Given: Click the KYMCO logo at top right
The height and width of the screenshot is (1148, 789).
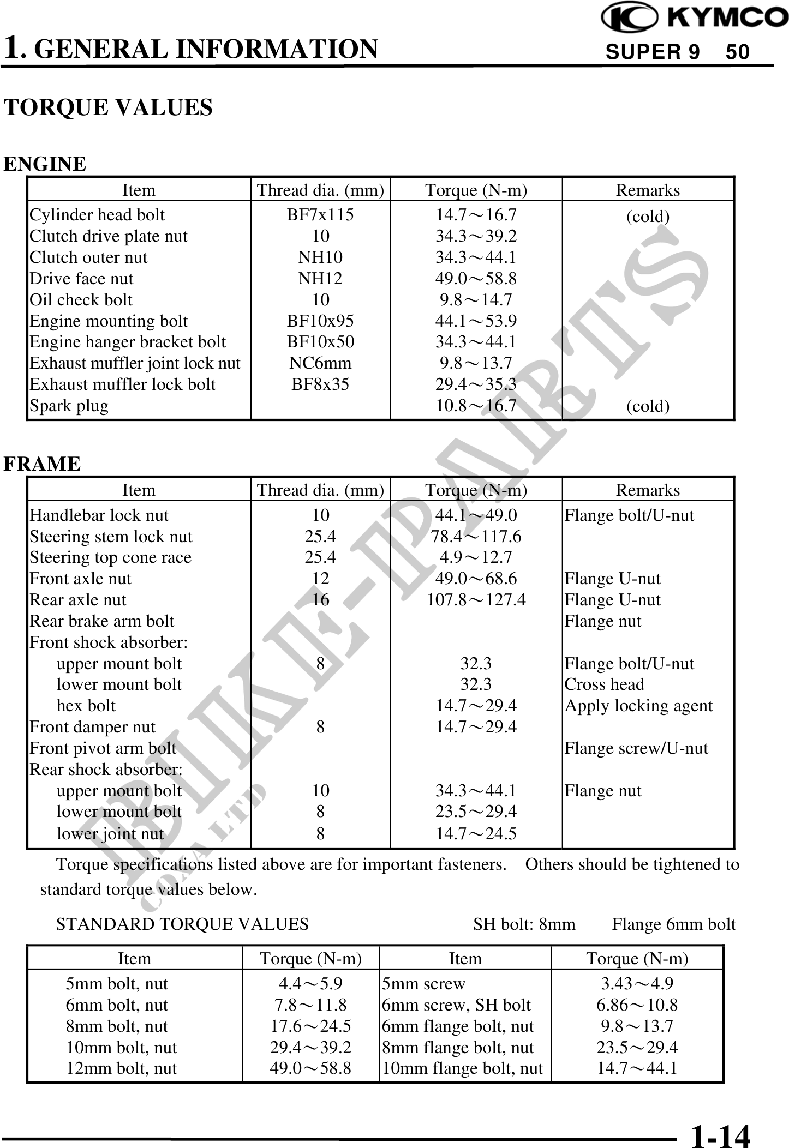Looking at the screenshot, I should tap(694, 19).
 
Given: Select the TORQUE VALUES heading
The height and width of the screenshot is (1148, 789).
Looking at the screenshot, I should tap(108, 107).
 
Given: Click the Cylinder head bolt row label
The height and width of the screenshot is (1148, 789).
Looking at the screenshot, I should tap(97, 215).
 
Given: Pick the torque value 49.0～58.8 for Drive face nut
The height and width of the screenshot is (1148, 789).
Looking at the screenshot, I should tap(476, 279).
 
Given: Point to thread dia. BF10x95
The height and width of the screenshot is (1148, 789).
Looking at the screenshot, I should tap(320, 321).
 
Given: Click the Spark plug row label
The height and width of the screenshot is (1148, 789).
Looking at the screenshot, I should tap(69, 406).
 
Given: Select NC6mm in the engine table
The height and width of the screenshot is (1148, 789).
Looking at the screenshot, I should tap(320, 363).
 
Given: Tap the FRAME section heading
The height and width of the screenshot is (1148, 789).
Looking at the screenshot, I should tap(43, 464).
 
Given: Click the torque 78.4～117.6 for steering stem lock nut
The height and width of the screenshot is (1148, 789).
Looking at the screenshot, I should tap(476, 537).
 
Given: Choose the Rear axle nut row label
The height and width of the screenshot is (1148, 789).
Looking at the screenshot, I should tap(77, 600).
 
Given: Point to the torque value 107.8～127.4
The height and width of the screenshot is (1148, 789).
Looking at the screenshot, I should tap(476, 600).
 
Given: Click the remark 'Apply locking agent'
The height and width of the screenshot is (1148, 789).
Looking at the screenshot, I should tap(638, 706).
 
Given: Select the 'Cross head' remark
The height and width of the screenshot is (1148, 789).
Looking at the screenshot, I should tap(604, 684).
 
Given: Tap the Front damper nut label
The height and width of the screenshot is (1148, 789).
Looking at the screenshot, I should tap(92, 727).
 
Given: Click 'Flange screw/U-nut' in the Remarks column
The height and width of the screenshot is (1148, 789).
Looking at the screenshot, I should tap(636, 748).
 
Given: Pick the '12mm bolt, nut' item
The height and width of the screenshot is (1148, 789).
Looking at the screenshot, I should tap(121, 1068).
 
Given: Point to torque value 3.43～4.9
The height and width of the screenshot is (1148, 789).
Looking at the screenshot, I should tap(637, 983).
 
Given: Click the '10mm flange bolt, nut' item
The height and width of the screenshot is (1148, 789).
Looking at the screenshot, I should tap(463, 1068).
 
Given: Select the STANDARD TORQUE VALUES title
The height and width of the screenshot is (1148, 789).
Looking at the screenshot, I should tap(182, 924).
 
